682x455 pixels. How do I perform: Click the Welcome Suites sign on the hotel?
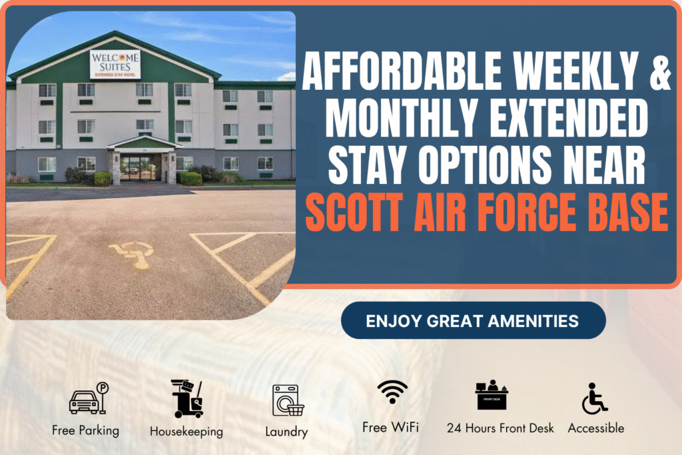point(115,65)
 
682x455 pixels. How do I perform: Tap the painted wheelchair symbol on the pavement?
point(133,254)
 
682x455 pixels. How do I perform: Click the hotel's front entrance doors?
point(137,167)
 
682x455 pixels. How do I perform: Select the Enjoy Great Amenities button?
point(474,320)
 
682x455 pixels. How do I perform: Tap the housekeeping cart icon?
point(187,398)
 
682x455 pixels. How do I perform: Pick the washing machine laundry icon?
point(288,400)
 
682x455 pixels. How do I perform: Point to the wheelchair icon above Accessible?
point(595,398)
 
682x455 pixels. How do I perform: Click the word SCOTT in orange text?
point(354,213)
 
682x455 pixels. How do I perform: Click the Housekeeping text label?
point(186,432)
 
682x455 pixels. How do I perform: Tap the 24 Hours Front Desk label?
point(500,428)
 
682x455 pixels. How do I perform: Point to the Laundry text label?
point(286,432)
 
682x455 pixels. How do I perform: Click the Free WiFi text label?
point(390,427)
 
